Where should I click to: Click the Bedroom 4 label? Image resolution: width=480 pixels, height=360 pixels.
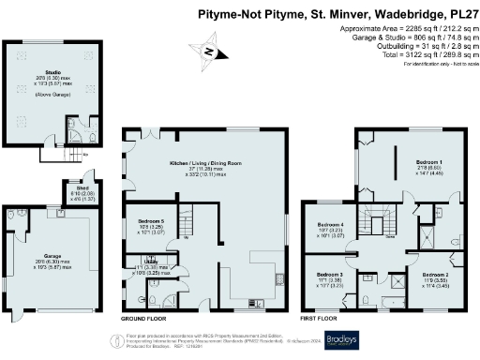pyautogui.click(x=330, y=226)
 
